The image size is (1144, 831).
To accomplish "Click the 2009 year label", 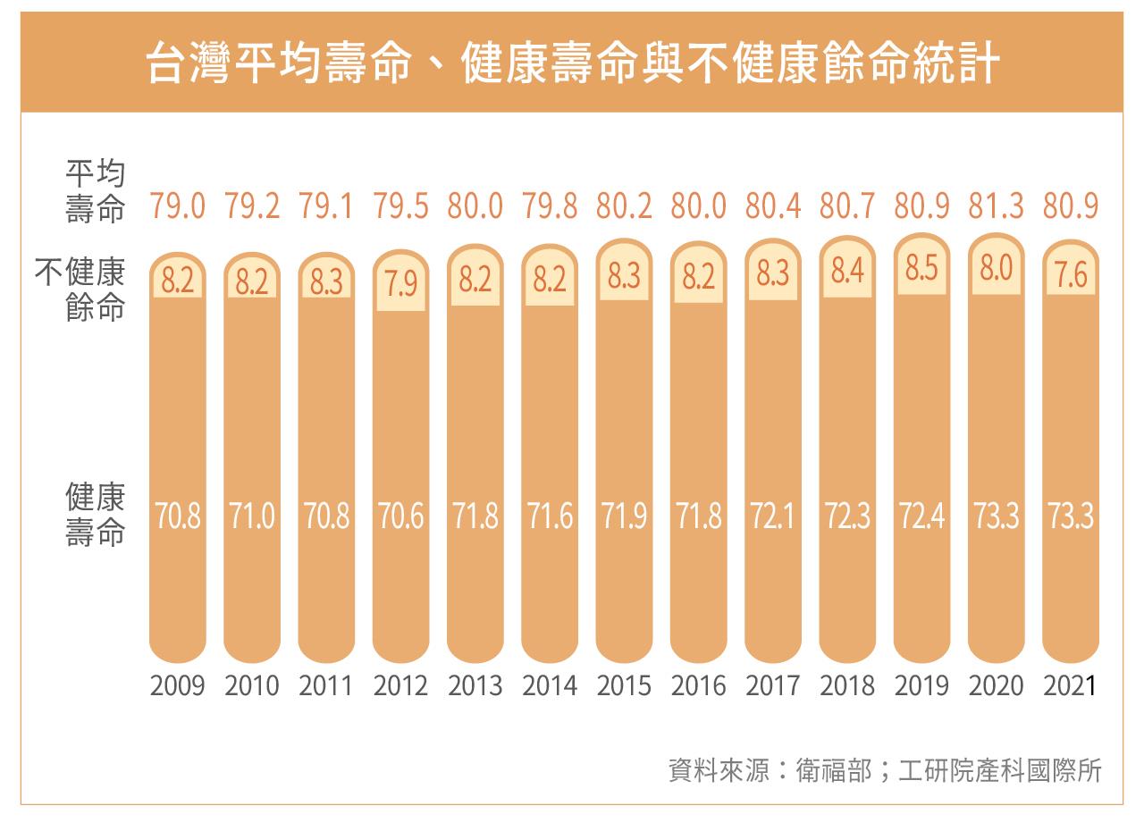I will [x=178, y=686].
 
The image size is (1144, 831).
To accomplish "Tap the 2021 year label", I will [x=1070, y=686].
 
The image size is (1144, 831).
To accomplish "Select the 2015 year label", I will [x=624, y=686].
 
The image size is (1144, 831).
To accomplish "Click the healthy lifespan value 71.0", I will [x=252, y=517].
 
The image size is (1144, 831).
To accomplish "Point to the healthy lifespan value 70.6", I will [x=400, y=517].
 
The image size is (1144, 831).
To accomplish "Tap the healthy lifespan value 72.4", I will [x=922, y=517].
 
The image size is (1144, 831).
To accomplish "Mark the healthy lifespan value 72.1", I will [x=773, y=517].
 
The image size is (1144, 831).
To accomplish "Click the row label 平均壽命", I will [x=95, y=191].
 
